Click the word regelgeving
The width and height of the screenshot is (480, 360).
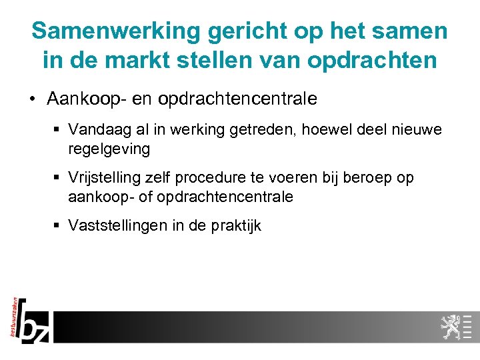[x=109, y=149]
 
